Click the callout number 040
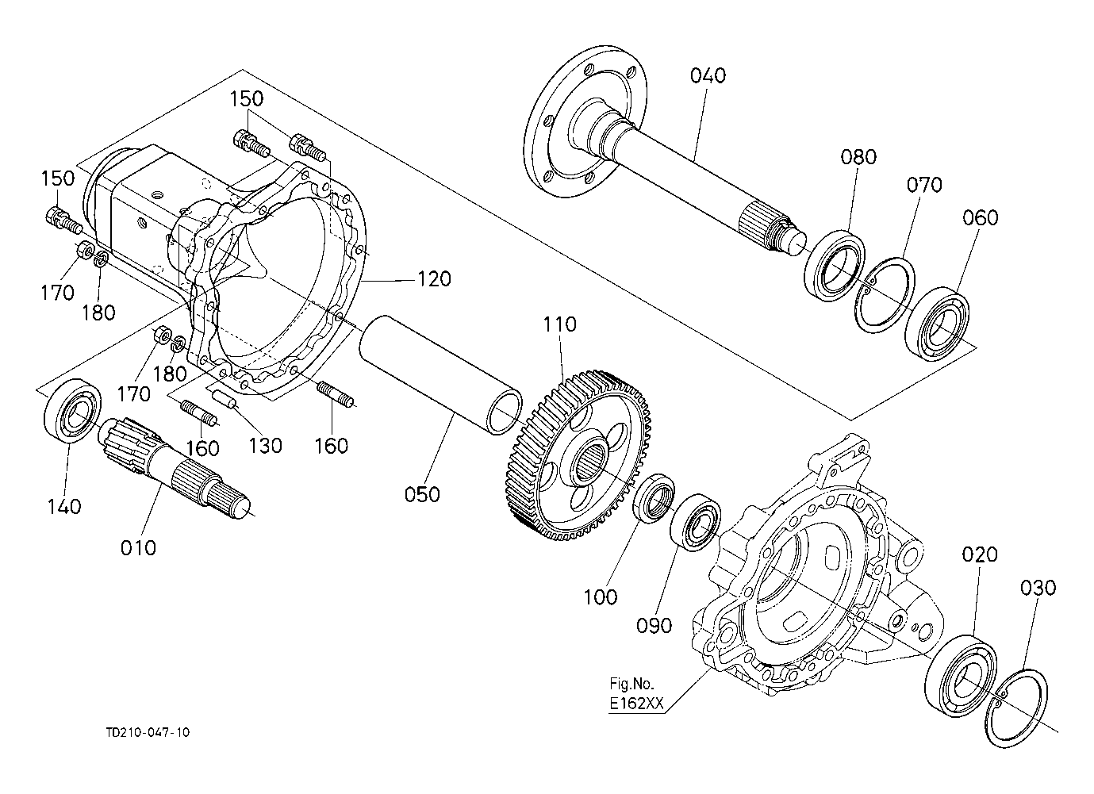(708, 75)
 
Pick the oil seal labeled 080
(835, 263)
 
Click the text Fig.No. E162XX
(635, 692)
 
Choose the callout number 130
(264, 445)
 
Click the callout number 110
(560, 324)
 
